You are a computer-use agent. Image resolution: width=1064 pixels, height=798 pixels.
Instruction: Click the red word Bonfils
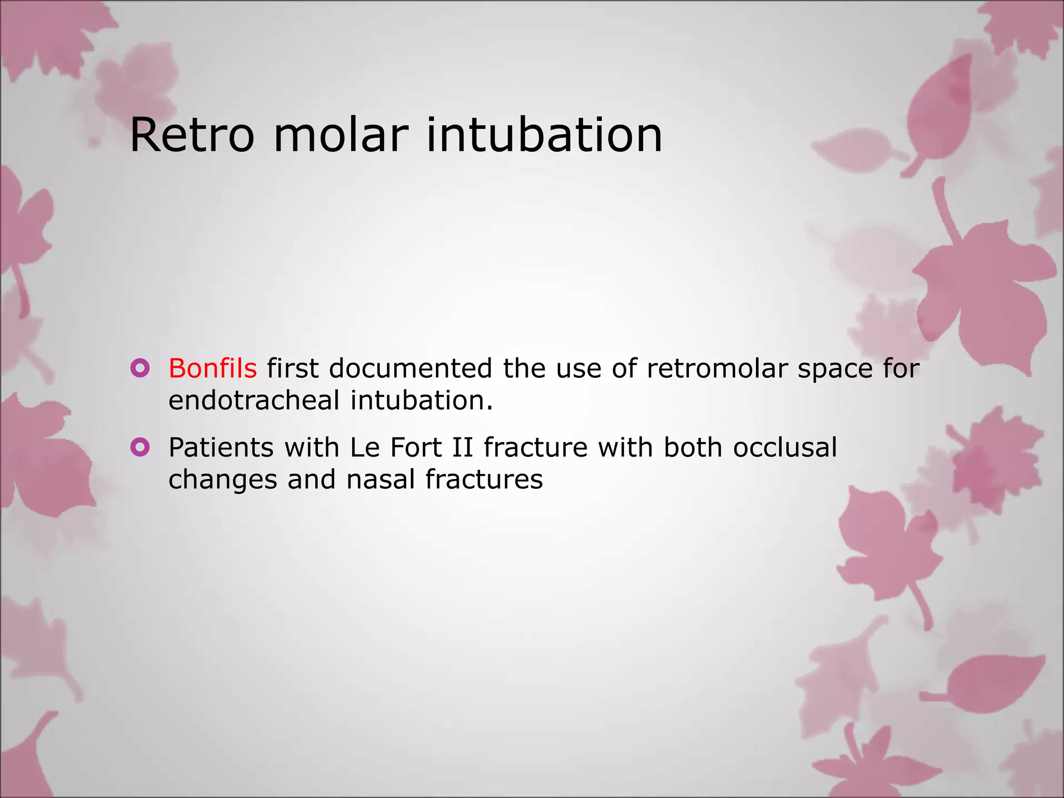212,368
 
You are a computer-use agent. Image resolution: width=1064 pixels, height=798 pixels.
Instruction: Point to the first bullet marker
140,368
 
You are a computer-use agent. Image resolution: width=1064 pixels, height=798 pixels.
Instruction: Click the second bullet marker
140,447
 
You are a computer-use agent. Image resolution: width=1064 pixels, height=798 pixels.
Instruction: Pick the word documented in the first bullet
410,368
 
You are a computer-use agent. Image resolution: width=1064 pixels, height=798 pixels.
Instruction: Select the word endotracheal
254,401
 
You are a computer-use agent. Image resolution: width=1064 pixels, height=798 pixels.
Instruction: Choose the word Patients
221,447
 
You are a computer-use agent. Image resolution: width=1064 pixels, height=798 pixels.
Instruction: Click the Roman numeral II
462,447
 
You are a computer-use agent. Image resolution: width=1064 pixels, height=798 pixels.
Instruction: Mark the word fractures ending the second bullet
484,479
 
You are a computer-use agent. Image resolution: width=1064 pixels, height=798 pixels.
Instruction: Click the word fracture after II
535,447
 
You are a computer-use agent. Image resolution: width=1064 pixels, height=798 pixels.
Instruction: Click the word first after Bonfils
292,368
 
